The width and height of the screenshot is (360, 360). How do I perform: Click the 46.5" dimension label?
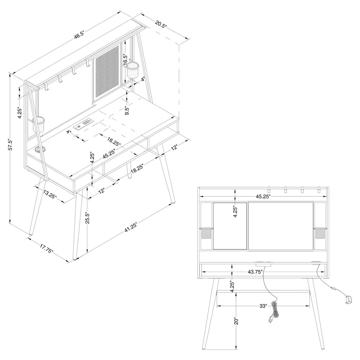pyautogui.click(x=79, y=35)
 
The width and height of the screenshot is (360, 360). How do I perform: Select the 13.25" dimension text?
pyautogui.click(x=50, y=195)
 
